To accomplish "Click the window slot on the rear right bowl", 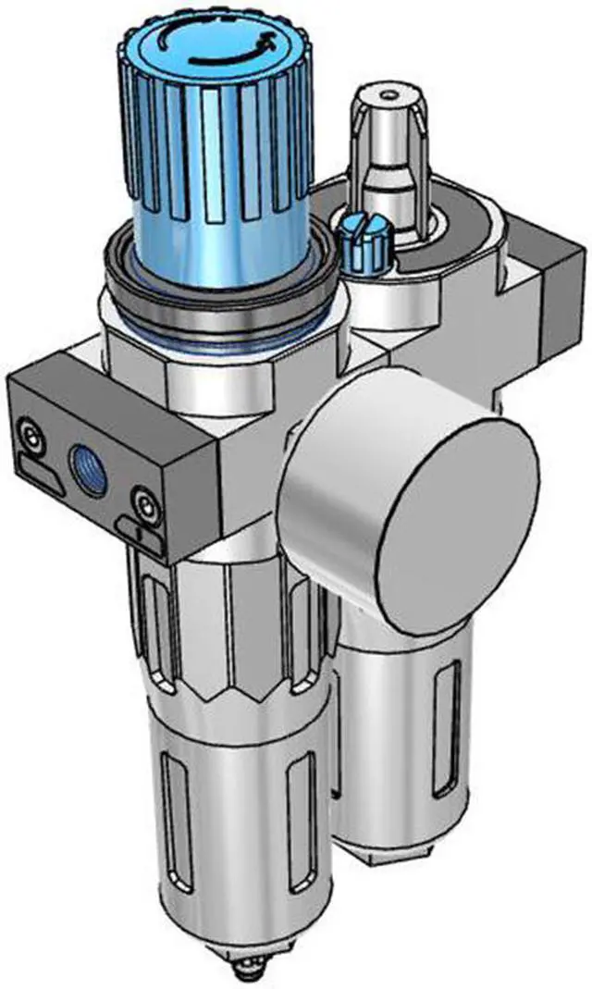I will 448,712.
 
